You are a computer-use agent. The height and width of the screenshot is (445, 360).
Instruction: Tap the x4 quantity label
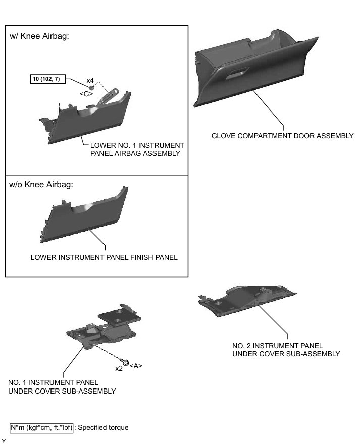[91, 80]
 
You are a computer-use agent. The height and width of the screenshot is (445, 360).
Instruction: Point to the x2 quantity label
[119, 368]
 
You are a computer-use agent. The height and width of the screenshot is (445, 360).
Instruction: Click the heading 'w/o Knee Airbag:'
[41, 184]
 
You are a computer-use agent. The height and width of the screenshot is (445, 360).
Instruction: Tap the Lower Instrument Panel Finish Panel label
[104, 257]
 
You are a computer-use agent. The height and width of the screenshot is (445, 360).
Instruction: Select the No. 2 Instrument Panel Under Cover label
[285, 349]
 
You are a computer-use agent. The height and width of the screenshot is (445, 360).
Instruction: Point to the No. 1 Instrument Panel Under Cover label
[62, 386]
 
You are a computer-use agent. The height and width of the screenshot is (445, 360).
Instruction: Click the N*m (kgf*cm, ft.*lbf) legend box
[42, 428]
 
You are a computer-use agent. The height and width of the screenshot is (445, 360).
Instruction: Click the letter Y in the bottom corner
[4, 441]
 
